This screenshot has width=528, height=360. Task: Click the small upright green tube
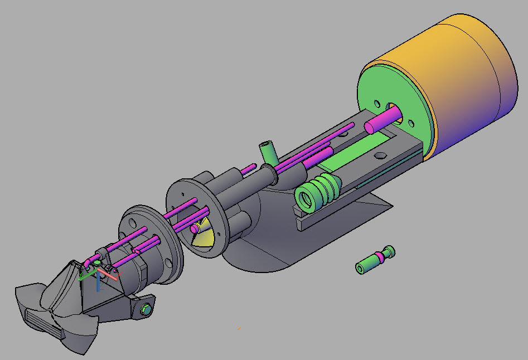coord(268,152)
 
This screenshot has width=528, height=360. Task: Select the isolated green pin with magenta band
coord(375,260)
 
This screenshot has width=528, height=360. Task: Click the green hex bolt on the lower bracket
coord(147,308)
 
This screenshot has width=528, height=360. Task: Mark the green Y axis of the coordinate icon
coord(86,274)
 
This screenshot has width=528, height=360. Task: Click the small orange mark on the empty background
coord(239,328)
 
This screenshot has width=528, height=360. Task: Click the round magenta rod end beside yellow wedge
coord(195,228)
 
